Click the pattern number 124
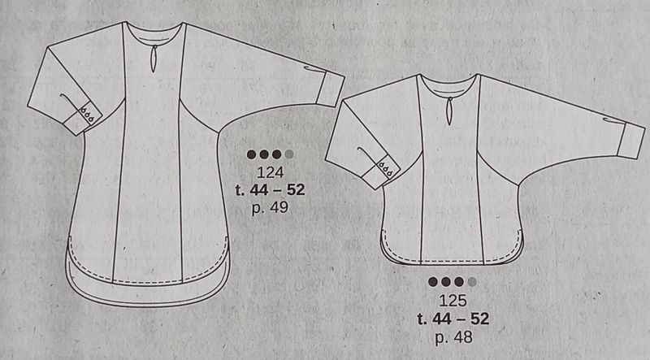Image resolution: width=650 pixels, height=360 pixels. pos(270,172)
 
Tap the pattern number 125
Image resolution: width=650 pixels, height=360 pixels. pos(453,301)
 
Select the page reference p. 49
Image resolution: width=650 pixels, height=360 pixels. pos(270,207)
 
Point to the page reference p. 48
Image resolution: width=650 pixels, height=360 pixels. pos(453,336)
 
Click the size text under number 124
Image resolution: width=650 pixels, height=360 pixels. pos(270,190)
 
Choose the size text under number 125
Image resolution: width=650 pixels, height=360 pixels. pos(453,319)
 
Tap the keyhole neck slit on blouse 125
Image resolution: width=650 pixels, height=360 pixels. pos(449,111)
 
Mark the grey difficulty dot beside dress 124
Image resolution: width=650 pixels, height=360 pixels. pos(289,154)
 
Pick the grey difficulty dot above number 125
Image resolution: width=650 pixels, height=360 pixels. pos(472,282)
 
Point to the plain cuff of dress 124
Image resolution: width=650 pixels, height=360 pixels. pos(331,90)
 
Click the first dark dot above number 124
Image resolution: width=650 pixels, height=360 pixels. pos(251,154)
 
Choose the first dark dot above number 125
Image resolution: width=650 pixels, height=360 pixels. pos(433,282)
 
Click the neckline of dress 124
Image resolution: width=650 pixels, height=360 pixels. pos(154,33)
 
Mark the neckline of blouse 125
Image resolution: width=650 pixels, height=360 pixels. pos(449,85)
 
